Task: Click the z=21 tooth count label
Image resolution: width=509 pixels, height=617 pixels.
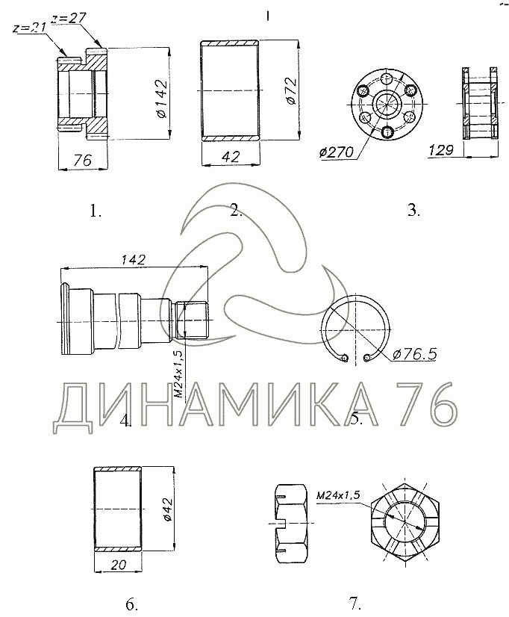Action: [x=28, y=28]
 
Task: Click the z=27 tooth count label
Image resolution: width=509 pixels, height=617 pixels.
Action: [x=69, y=18]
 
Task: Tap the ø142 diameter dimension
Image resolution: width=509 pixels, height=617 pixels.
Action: [x=161, y=99]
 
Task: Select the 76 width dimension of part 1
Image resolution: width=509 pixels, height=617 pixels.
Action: [x=82, y=161]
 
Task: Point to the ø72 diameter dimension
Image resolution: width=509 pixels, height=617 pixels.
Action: [x=291, y=91]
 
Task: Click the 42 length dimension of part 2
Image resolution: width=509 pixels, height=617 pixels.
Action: [x=231, y=157]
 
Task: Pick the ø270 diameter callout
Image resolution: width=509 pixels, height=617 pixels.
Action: [x=337, y=152]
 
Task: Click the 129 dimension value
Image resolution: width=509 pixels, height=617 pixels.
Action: [x=440, y=150]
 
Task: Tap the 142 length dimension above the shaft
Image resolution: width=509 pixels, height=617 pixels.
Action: [x=133, y=260]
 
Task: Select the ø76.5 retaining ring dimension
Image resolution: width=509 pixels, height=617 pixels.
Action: [x=415, y=355]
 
